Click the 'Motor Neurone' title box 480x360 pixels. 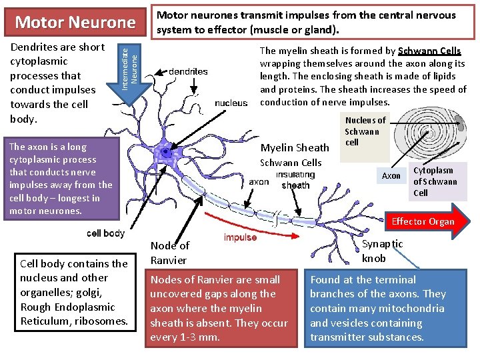click(75, 22)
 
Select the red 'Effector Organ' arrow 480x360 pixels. click(426, 222)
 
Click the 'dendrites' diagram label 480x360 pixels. click(188, 71)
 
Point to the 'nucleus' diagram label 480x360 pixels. click(231, 103)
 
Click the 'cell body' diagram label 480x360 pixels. click(106, 233)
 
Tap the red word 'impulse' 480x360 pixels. click(240, 238)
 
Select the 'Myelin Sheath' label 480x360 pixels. click(294, 148)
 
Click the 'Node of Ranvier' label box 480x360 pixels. click(169, 253)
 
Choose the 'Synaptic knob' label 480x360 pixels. click(383, 251)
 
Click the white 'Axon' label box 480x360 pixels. click(391, 176)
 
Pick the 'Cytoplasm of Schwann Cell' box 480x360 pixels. click(435, 181)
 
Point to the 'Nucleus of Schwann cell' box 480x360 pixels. click(365, 131)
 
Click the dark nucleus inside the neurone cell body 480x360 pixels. click(164, 153)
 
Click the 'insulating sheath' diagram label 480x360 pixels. click(295, 181)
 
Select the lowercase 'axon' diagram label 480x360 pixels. click(259, 181)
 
